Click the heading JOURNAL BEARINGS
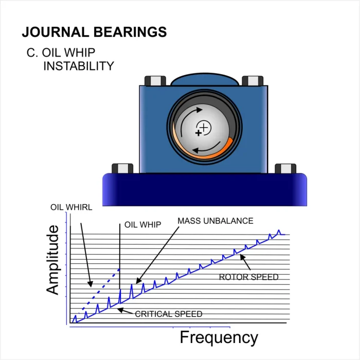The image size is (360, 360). (x=94, y=32)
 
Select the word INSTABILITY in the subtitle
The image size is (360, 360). (x=79, y=66)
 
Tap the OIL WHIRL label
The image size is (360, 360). (x=71, y=207)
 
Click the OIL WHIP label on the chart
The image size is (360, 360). (x=143, y=225)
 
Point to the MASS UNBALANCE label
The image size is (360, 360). (x=215, y=221)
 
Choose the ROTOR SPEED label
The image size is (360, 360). (x=248, y=277)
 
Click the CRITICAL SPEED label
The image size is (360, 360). (x=169, y=314)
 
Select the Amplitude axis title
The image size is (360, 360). (x=53, y=260)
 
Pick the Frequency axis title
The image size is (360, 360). (x=219, y=338)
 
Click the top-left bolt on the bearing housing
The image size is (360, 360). (x=155, y=81)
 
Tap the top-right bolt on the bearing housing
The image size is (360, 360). (x=253, y=81)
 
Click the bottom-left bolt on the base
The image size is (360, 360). (x=122, y=169)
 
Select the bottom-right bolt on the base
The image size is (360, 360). (x=285, y=169)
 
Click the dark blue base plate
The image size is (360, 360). (x=205, y=190)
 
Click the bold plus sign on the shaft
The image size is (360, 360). (x=199, y=133)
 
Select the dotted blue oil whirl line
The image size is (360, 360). (x=99, y=291)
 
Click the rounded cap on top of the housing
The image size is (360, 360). (x=205, y=79)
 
